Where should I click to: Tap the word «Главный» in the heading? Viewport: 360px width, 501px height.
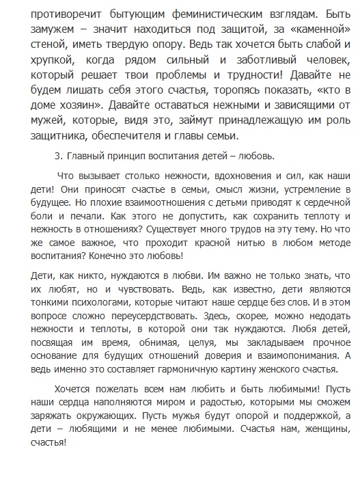click(89, 156)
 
